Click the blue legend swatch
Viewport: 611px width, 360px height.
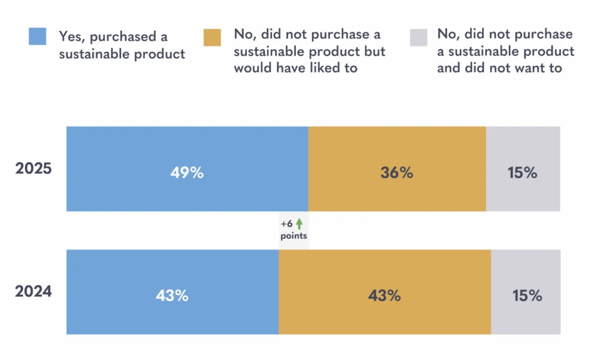[37, 36]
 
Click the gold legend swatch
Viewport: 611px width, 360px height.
[212, 36]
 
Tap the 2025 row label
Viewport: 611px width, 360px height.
[33, 168]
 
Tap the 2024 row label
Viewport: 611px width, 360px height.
[33, 292]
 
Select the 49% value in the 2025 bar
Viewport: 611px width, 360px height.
[187, 173]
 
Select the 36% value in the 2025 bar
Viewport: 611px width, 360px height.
[397, 173]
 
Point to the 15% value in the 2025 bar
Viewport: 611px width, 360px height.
[523, 173]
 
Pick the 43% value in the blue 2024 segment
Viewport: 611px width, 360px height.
[172, 296]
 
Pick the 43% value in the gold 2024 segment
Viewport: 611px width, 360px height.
[384, 296]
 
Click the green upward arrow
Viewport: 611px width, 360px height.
[300, 224]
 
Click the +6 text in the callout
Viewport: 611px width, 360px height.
[287, 224]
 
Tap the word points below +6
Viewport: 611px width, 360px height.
[294, 236]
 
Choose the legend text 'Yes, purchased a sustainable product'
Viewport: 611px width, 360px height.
[122, 45]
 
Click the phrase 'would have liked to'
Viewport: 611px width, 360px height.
[295, 67]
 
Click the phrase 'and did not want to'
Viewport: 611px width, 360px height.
[499, 67]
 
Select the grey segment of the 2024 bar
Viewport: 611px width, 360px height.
[526, 316]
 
